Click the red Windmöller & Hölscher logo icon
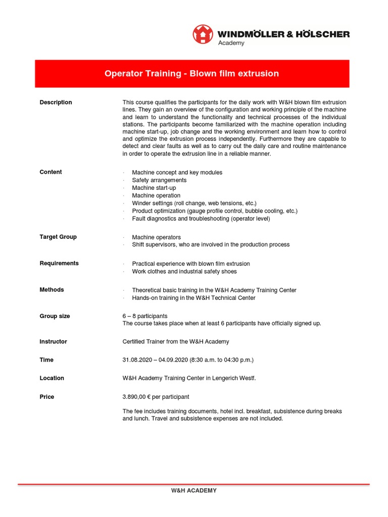tap(203, 34)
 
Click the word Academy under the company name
tap(231, 43)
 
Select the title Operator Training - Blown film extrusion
tap(191, 74)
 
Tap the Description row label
tap(56, 102)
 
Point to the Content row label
tap(51, 172)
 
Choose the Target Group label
tap(58, 237)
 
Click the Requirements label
tap(59, 264)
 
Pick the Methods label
tap(52, 290)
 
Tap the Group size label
tap(55, 316)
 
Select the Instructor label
tap(53, 342)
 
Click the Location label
tap(52, 378)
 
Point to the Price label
tap(46, 397)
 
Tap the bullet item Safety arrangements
tap(159, 180)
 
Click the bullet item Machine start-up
tap(154, 188)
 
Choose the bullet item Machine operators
tap(156, 237)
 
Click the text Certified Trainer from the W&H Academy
tap(176, 342)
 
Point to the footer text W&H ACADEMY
tap(193, 490)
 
